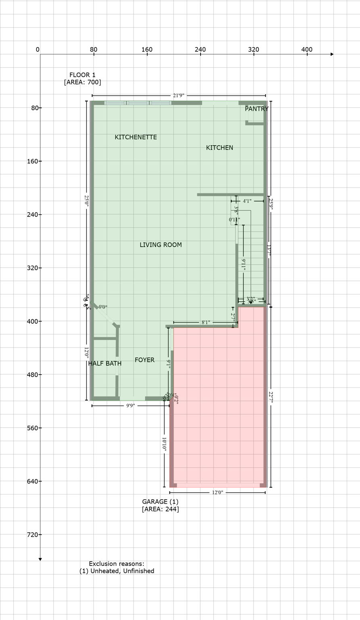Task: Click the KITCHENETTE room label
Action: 136,137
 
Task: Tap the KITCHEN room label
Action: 220,148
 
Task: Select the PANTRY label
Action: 256,109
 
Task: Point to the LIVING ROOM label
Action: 161,245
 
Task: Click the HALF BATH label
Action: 105,364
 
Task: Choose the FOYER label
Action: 144,360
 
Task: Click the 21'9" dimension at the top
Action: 178,96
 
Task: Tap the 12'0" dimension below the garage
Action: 217,492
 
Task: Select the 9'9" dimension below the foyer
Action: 130,406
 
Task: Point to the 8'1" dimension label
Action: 205,323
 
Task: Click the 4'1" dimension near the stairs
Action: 247,201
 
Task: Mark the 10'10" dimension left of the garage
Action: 164,444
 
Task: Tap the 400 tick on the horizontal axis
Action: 307,50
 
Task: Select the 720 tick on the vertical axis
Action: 32,534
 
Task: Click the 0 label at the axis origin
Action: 38,50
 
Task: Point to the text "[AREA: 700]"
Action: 82,82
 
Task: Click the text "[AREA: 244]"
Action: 160,509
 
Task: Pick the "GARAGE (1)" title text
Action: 160,502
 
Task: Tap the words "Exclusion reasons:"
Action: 117,564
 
